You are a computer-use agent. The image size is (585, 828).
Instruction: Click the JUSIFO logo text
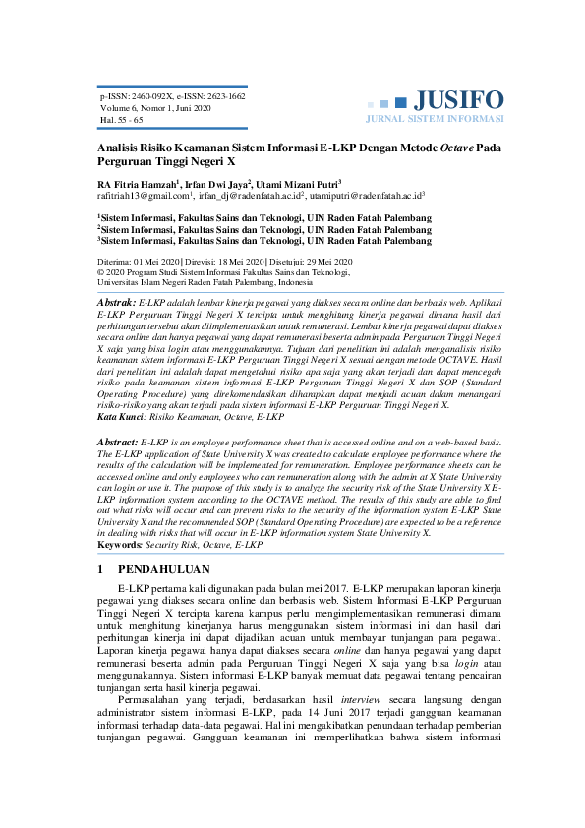(x=458, y=99)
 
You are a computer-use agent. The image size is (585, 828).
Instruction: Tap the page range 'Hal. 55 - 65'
(x=122, y=120)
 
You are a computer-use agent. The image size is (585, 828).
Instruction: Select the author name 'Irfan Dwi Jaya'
(x=215, y=183)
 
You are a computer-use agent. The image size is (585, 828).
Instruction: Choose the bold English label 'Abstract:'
(x=119, y=444)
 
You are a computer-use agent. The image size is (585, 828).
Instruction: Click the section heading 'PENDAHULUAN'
(x=163, y=569)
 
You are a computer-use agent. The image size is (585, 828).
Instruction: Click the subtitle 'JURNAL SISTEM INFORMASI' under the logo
(x=434, y=118)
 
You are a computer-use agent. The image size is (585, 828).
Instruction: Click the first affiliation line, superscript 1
(x=265, y=216)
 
